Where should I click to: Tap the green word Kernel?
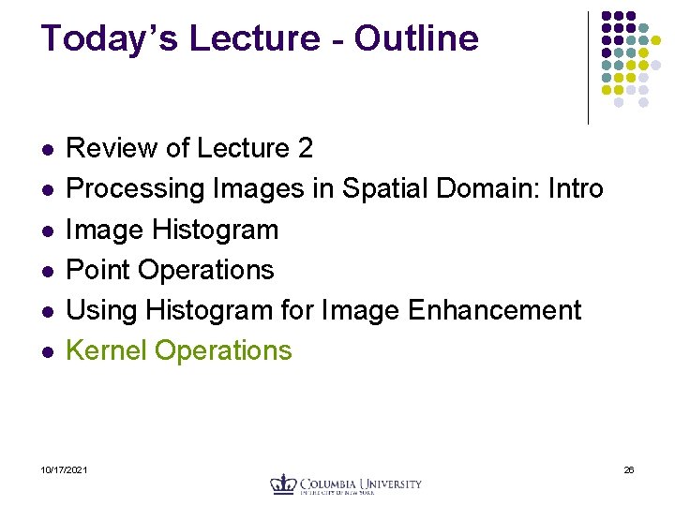107,350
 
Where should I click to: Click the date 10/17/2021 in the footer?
65,469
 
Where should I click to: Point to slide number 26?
629,469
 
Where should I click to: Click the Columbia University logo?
346,484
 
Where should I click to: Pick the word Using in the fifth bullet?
100,310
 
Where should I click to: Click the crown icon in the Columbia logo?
283,484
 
